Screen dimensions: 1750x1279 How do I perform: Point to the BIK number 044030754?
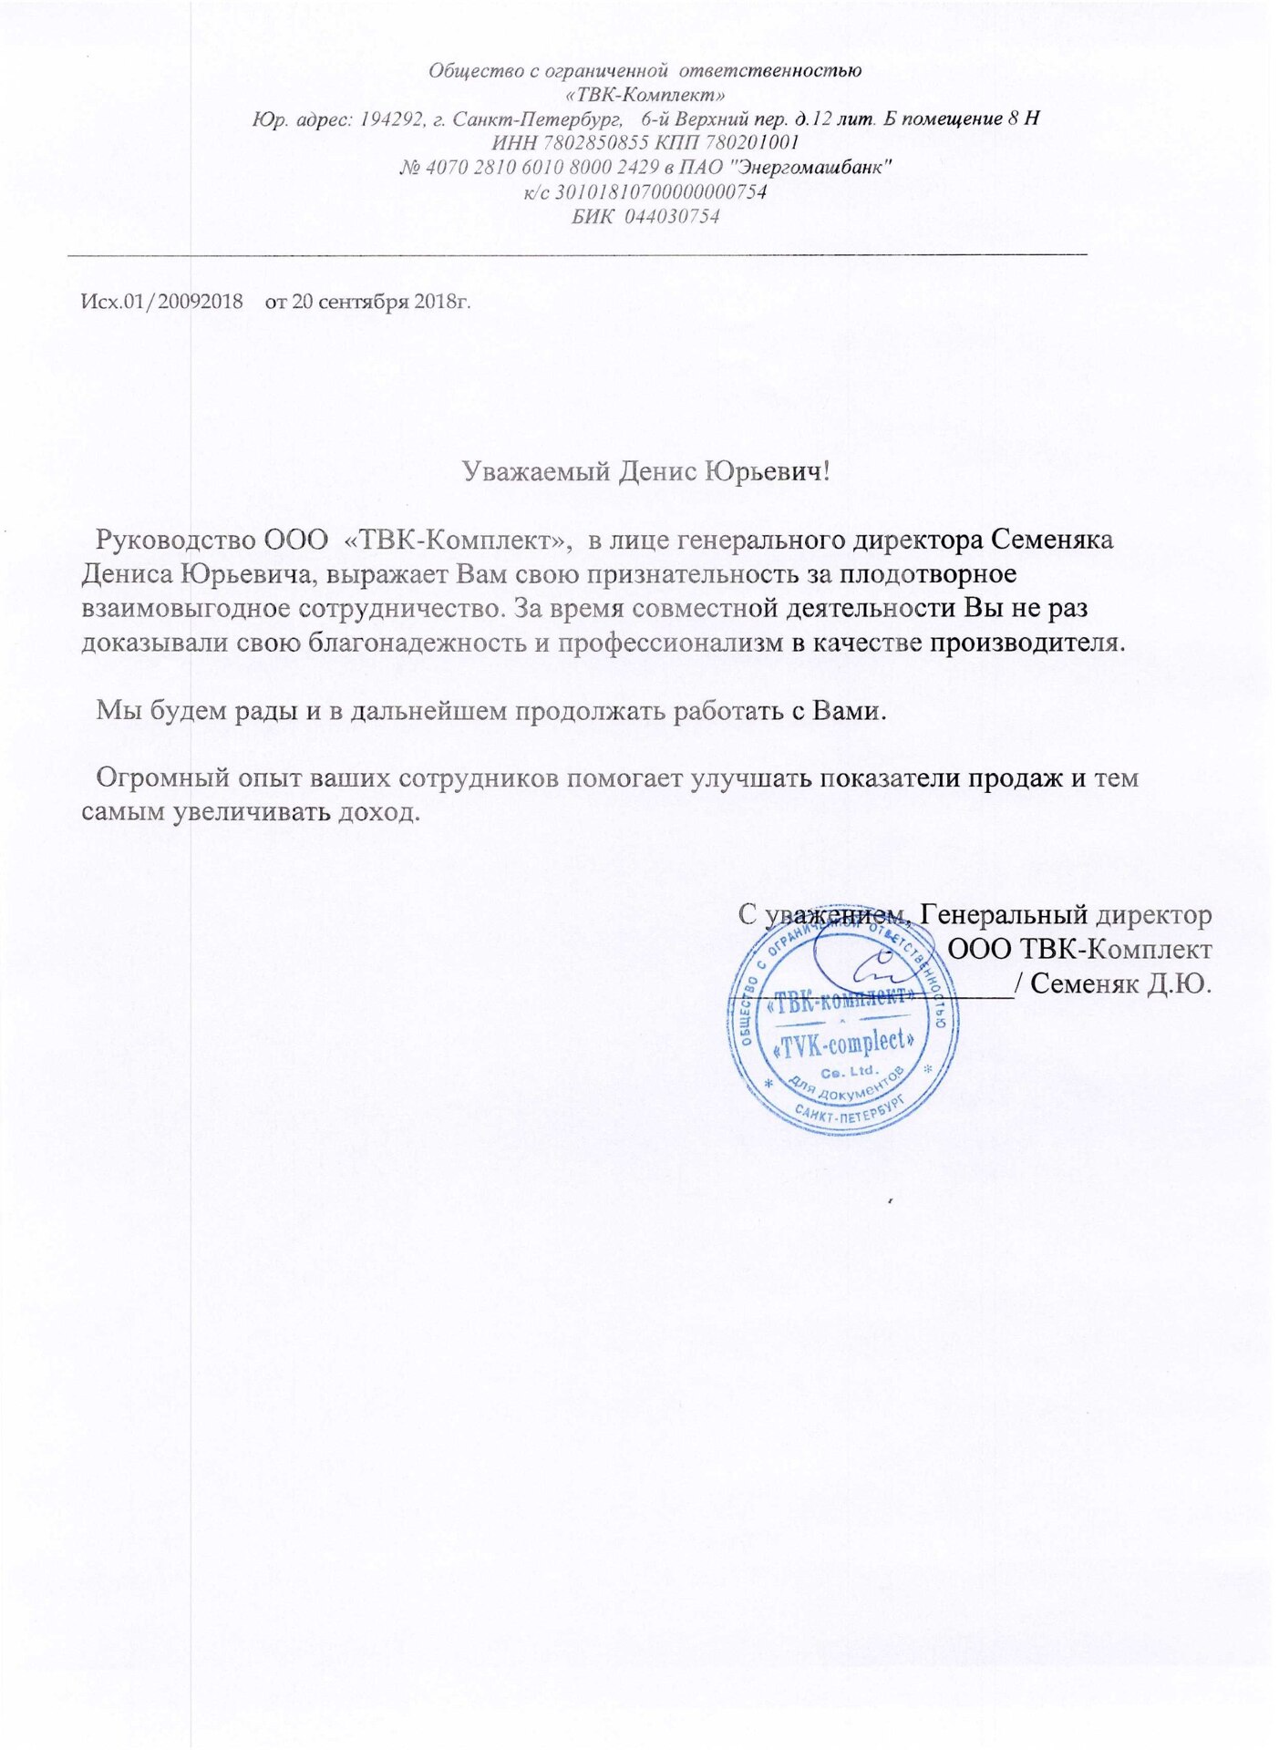click(x=672, y=216)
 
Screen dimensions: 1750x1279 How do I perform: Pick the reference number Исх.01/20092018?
click(x=162, y=302)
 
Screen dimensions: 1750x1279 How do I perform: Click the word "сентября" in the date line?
click(x=363, y=302)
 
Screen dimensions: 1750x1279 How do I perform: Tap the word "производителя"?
click(x=1026, y=642)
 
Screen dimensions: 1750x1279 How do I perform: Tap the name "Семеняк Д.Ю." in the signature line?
click(x=1121, y=983)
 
